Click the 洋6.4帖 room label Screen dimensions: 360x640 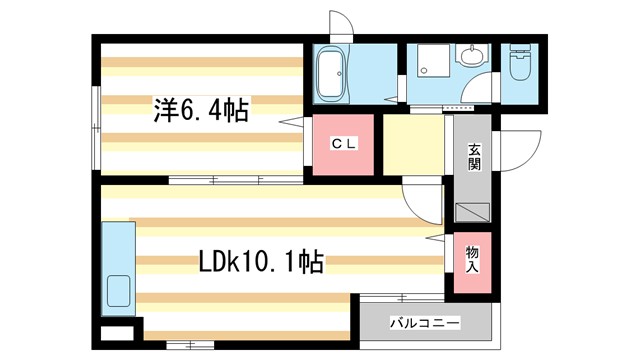(201, 107)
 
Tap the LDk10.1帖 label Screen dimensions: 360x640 (260, 263)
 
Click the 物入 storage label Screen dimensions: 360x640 (472, 259)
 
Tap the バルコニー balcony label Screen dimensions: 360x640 (425, 324)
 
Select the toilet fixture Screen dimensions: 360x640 (519, 70)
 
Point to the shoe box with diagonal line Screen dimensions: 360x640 (472, 212)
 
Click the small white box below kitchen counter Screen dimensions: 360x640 (116, 332)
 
